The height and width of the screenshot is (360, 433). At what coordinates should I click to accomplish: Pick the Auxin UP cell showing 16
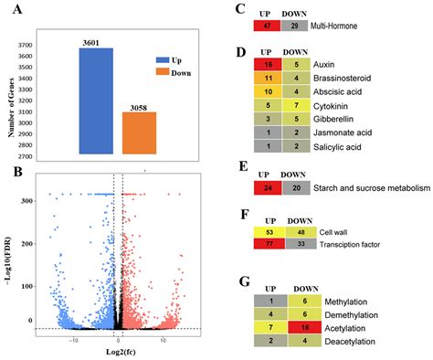pyautogui.click(x=268, y=66)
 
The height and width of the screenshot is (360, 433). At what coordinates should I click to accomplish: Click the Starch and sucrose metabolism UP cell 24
pyautogui.click(x=268, y=188)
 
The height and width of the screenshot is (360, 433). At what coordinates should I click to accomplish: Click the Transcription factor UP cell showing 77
pyautogui.click(x=268, y=244)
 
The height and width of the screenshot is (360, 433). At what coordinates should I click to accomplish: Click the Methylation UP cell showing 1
pyautogui.click(x=268, y=301)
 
